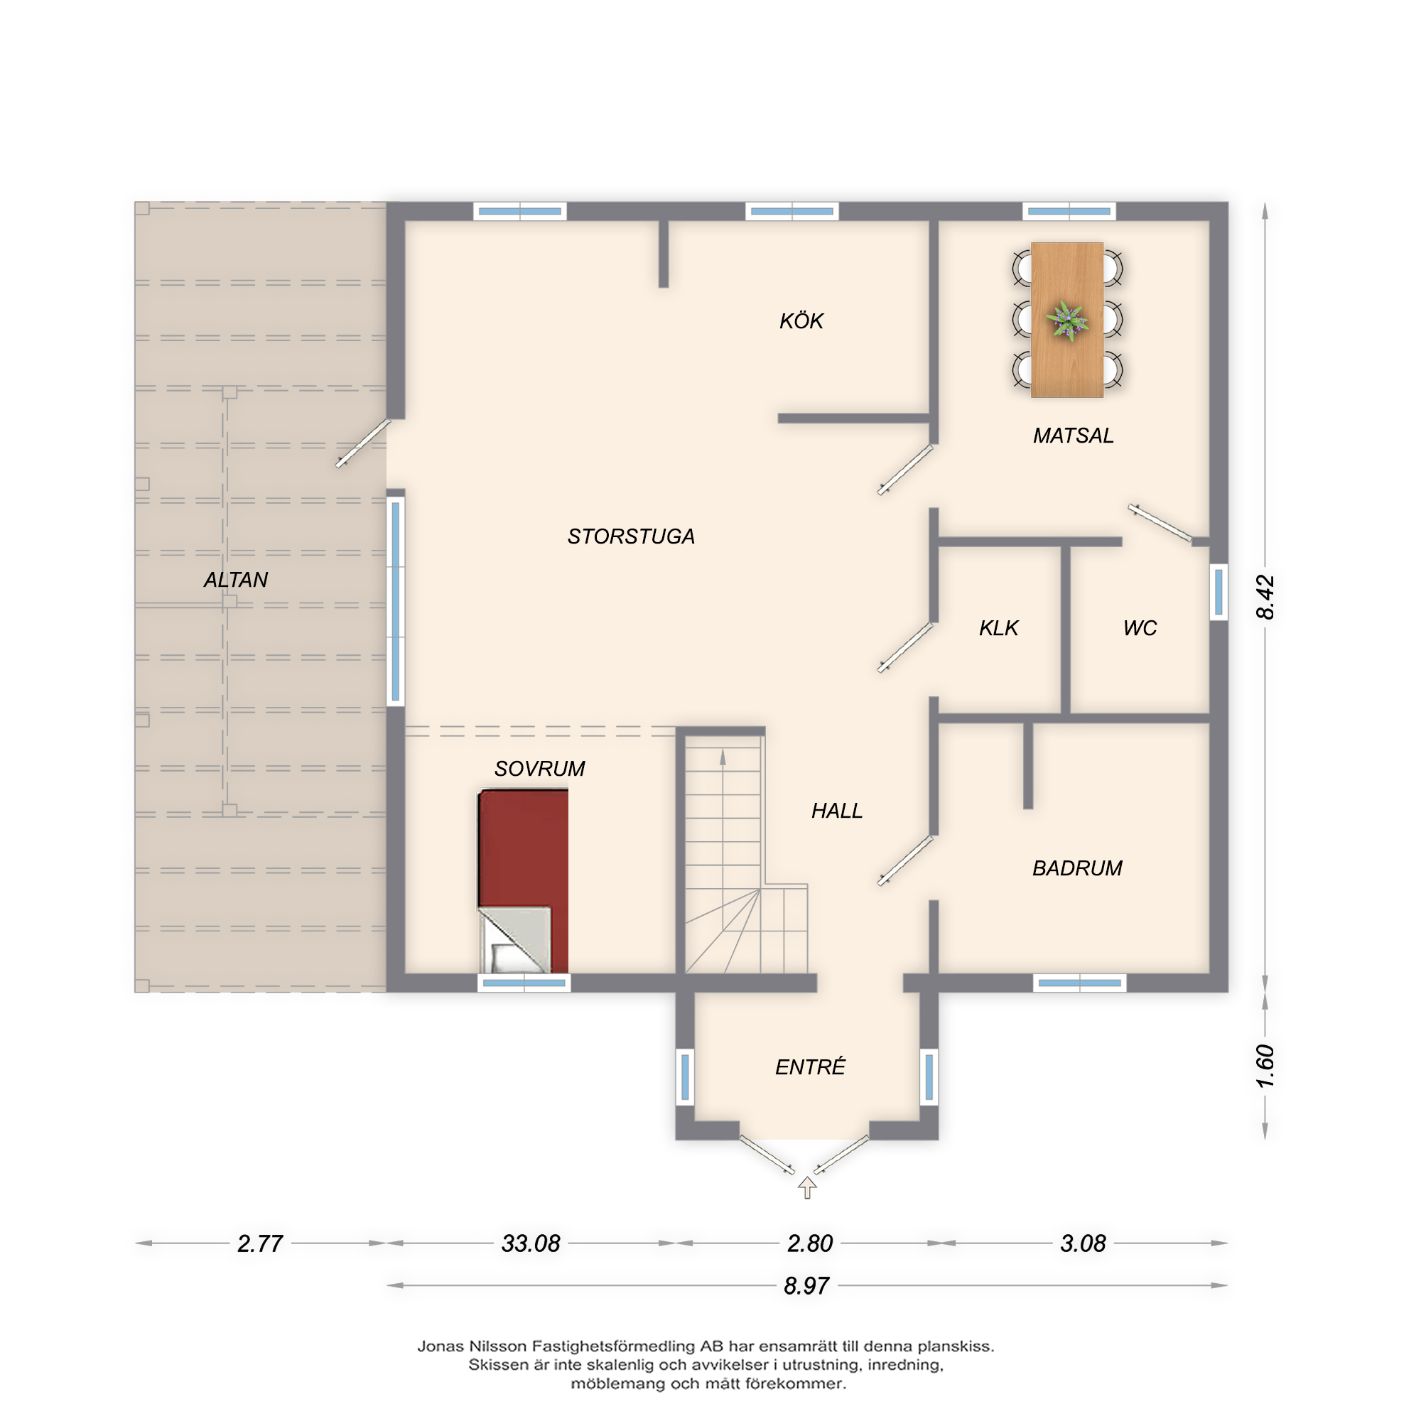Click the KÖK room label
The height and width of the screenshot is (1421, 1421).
[801, 320]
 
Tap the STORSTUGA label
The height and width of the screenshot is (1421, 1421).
[630, 536]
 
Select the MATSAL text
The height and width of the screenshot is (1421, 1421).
[1073, 436]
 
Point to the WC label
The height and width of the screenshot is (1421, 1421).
[1140, 627]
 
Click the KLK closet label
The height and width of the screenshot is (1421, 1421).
[998, 627]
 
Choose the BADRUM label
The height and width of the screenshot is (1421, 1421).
[1077, 868]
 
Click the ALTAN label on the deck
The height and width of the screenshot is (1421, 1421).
[235, 580]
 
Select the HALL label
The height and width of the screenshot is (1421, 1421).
[836, 811]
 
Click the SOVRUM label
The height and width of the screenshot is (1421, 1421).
[539, 769]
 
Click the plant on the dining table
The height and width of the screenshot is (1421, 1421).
[1066, 320]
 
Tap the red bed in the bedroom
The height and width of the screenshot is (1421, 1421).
[523, 881]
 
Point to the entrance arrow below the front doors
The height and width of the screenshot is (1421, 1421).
[808, 1187]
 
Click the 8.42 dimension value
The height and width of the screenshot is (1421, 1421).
[1265, 597]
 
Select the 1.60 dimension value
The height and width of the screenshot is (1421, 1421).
[1265, 1066]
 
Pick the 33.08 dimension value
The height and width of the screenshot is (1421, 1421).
[530, 1243]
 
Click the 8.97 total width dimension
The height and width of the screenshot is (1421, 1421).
[806, 1286]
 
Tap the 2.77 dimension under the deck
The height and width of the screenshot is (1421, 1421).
[259, 1243]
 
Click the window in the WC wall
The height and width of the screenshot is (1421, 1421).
[1219, 591]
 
